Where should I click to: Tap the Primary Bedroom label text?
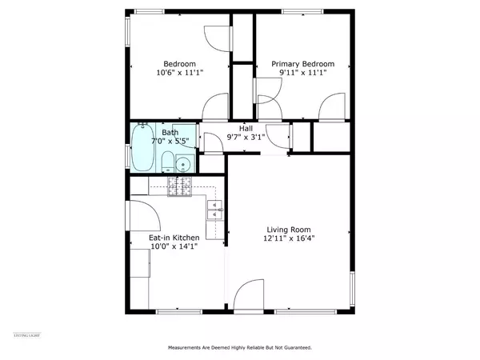click(x=302, y=64)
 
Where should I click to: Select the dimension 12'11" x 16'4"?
click(x=291, y=238)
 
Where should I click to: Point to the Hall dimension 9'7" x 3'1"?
click(x=244, y=136)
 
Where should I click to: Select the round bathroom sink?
click(x=184, y=165)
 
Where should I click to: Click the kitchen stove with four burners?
click(x=181, y=186)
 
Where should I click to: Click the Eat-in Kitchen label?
click(x=173, y=238)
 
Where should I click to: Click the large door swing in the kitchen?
click(x=142, y=216)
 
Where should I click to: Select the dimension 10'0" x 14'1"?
click(x=174, y=247)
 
